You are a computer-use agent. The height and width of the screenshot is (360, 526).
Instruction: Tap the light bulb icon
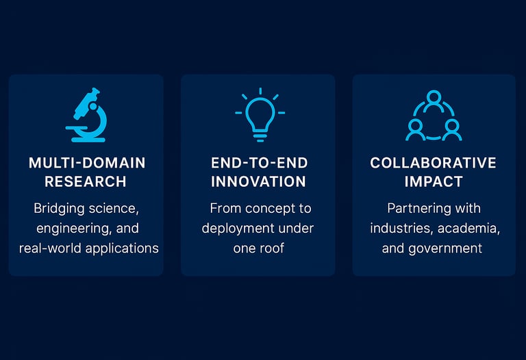(260, 115)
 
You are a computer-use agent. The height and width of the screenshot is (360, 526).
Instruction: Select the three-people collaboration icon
(434, 115)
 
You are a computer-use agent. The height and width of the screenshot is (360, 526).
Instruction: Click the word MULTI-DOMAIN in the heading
(87, 163)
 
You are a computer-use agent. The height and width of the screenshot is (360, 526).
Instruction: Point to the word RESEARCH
(86, 181)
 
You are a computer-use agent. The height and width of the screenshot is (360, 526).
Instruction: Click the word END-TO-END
(260, 163)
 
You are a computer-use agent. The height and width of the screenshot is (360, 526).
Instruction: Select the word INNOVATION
(258, 181)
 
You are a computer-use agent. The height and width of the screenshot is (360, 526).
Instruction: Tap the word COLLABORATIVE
(433, 163)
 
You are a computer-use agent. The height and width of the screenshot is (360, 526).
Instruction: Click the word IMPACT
(434, 181)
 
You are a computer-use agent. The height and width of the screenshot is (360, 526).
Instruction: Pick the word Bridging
(59, 209)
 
